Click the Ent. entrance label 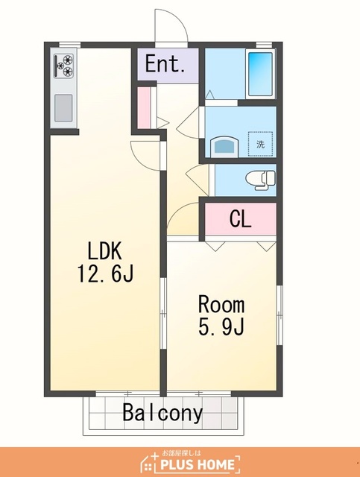165,63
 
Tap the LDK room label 104,251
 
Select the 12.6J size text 105,274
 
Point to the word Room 221,304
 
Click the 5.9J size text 221,326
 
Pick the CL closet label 241,218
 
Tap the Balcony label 162,413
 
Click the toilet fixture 260,180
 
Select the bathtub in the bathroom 261,74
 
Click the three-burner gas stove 64,66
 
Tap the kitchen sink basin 63,107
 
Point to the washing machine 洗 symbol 260,144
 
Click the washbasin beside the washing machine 224,146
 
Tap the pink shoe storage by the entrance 144,108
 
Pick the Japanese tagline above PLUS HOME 181,453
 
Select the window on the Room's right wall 280,315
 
